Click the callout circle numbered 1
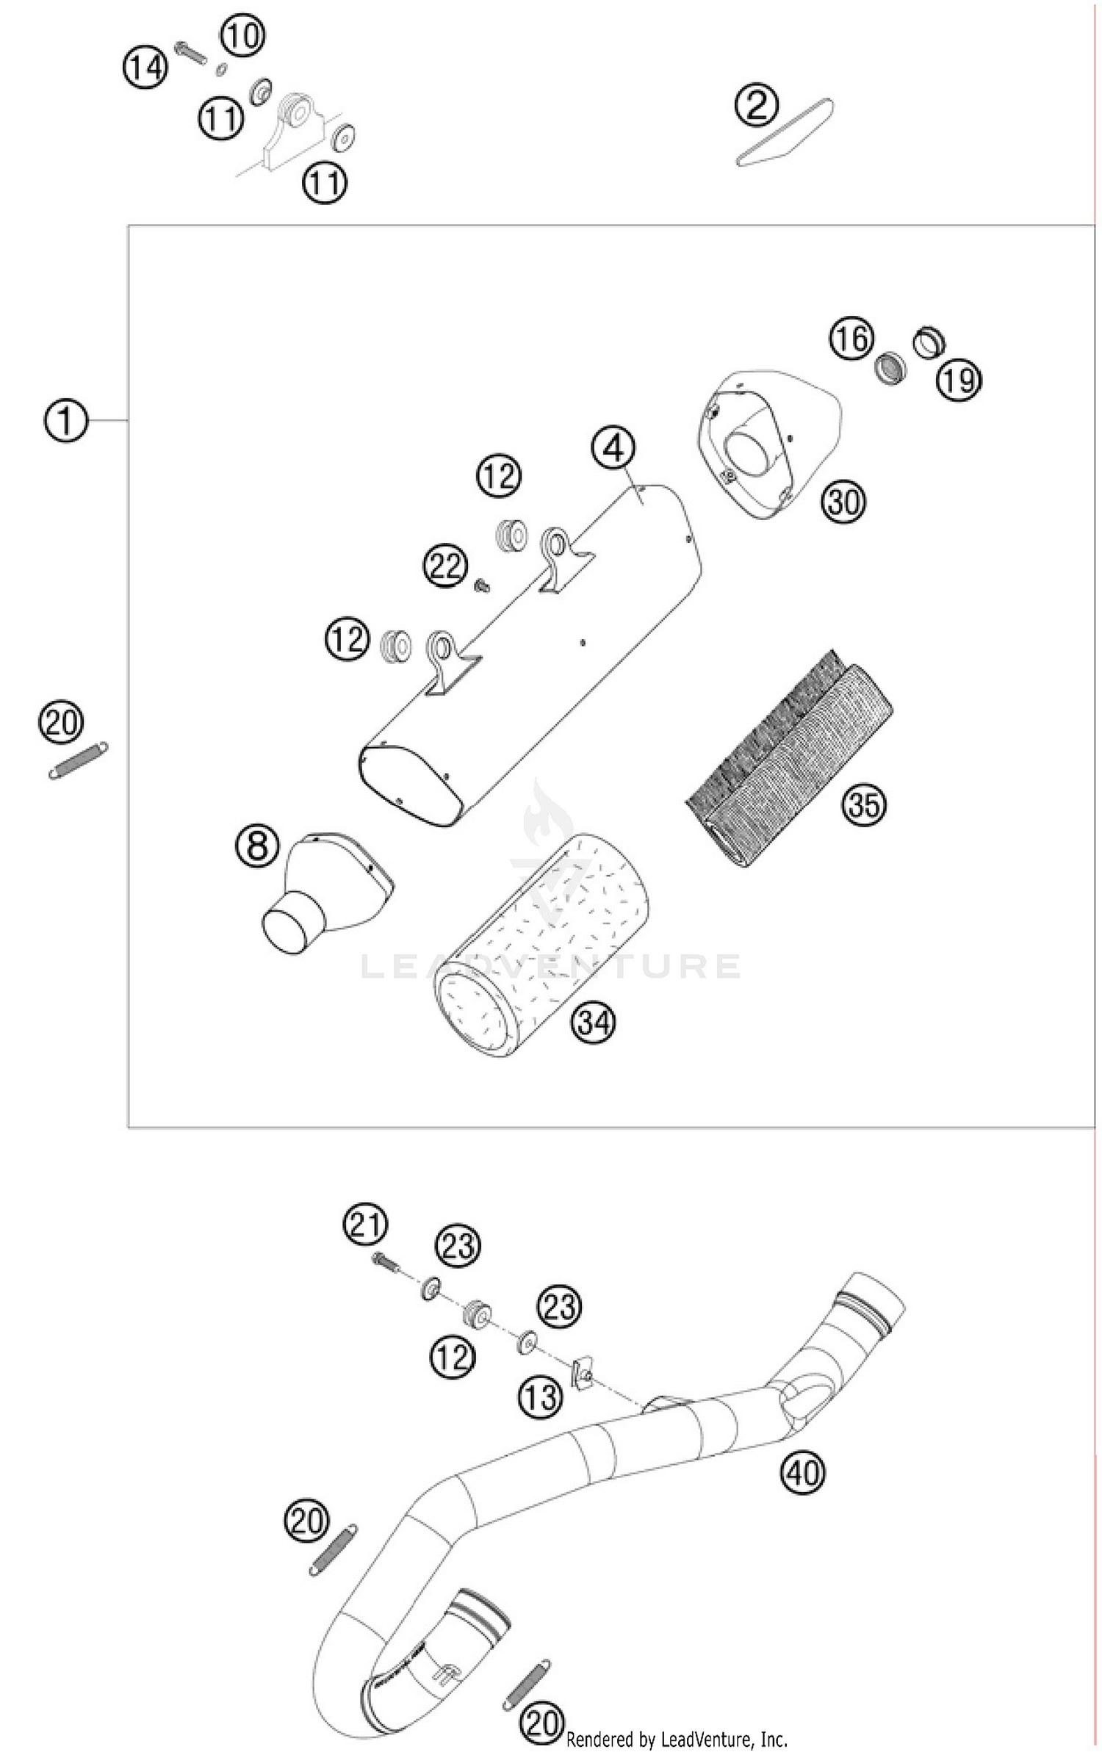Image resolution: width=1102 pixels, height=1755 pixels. [65, 421]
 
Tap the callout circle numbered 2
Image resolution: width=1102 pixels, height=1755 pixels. [757, 105]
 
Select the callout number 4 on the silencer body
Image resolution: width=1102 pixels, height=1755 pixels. [613, 447]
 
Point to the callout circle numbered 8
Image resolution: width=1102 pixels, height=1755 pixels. [257, 845]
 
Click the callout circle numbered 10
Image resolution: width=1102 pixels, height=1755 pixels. [242, 35]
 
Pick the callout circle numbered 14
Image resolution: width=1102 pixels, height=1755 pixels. [145, 68]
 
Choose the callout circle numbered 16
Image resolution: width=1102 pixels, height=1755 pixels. [851, 339]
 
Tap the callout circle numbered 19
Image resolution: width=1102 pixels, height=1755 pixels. [959, 380]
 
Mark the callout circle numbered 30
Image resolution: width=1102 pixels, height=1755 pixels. [843, 502]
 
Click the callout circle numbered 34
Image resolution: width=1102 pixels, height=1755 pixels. [593, 1021]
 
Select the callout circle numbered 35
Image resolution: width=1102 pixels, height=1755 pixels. [863, 804]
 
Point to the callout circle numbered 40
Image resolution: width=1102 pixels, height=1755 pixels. [802, 1471]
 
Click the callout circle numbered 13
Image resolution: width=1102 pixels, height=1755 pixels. [541, 1397]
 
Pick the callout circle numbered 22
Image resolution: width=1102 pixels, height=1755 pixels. [445, 566]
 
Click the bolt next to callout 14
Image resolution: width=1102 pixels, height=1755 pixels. [190, 54]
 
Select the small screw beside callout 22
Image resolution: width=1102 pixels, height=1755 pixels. [482, 585]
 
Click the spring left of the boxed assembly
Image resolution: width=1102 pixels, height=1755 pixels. [78, 760]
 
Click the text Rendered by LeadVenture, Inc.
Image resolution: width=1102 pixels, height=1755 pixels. [677, 1739]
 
